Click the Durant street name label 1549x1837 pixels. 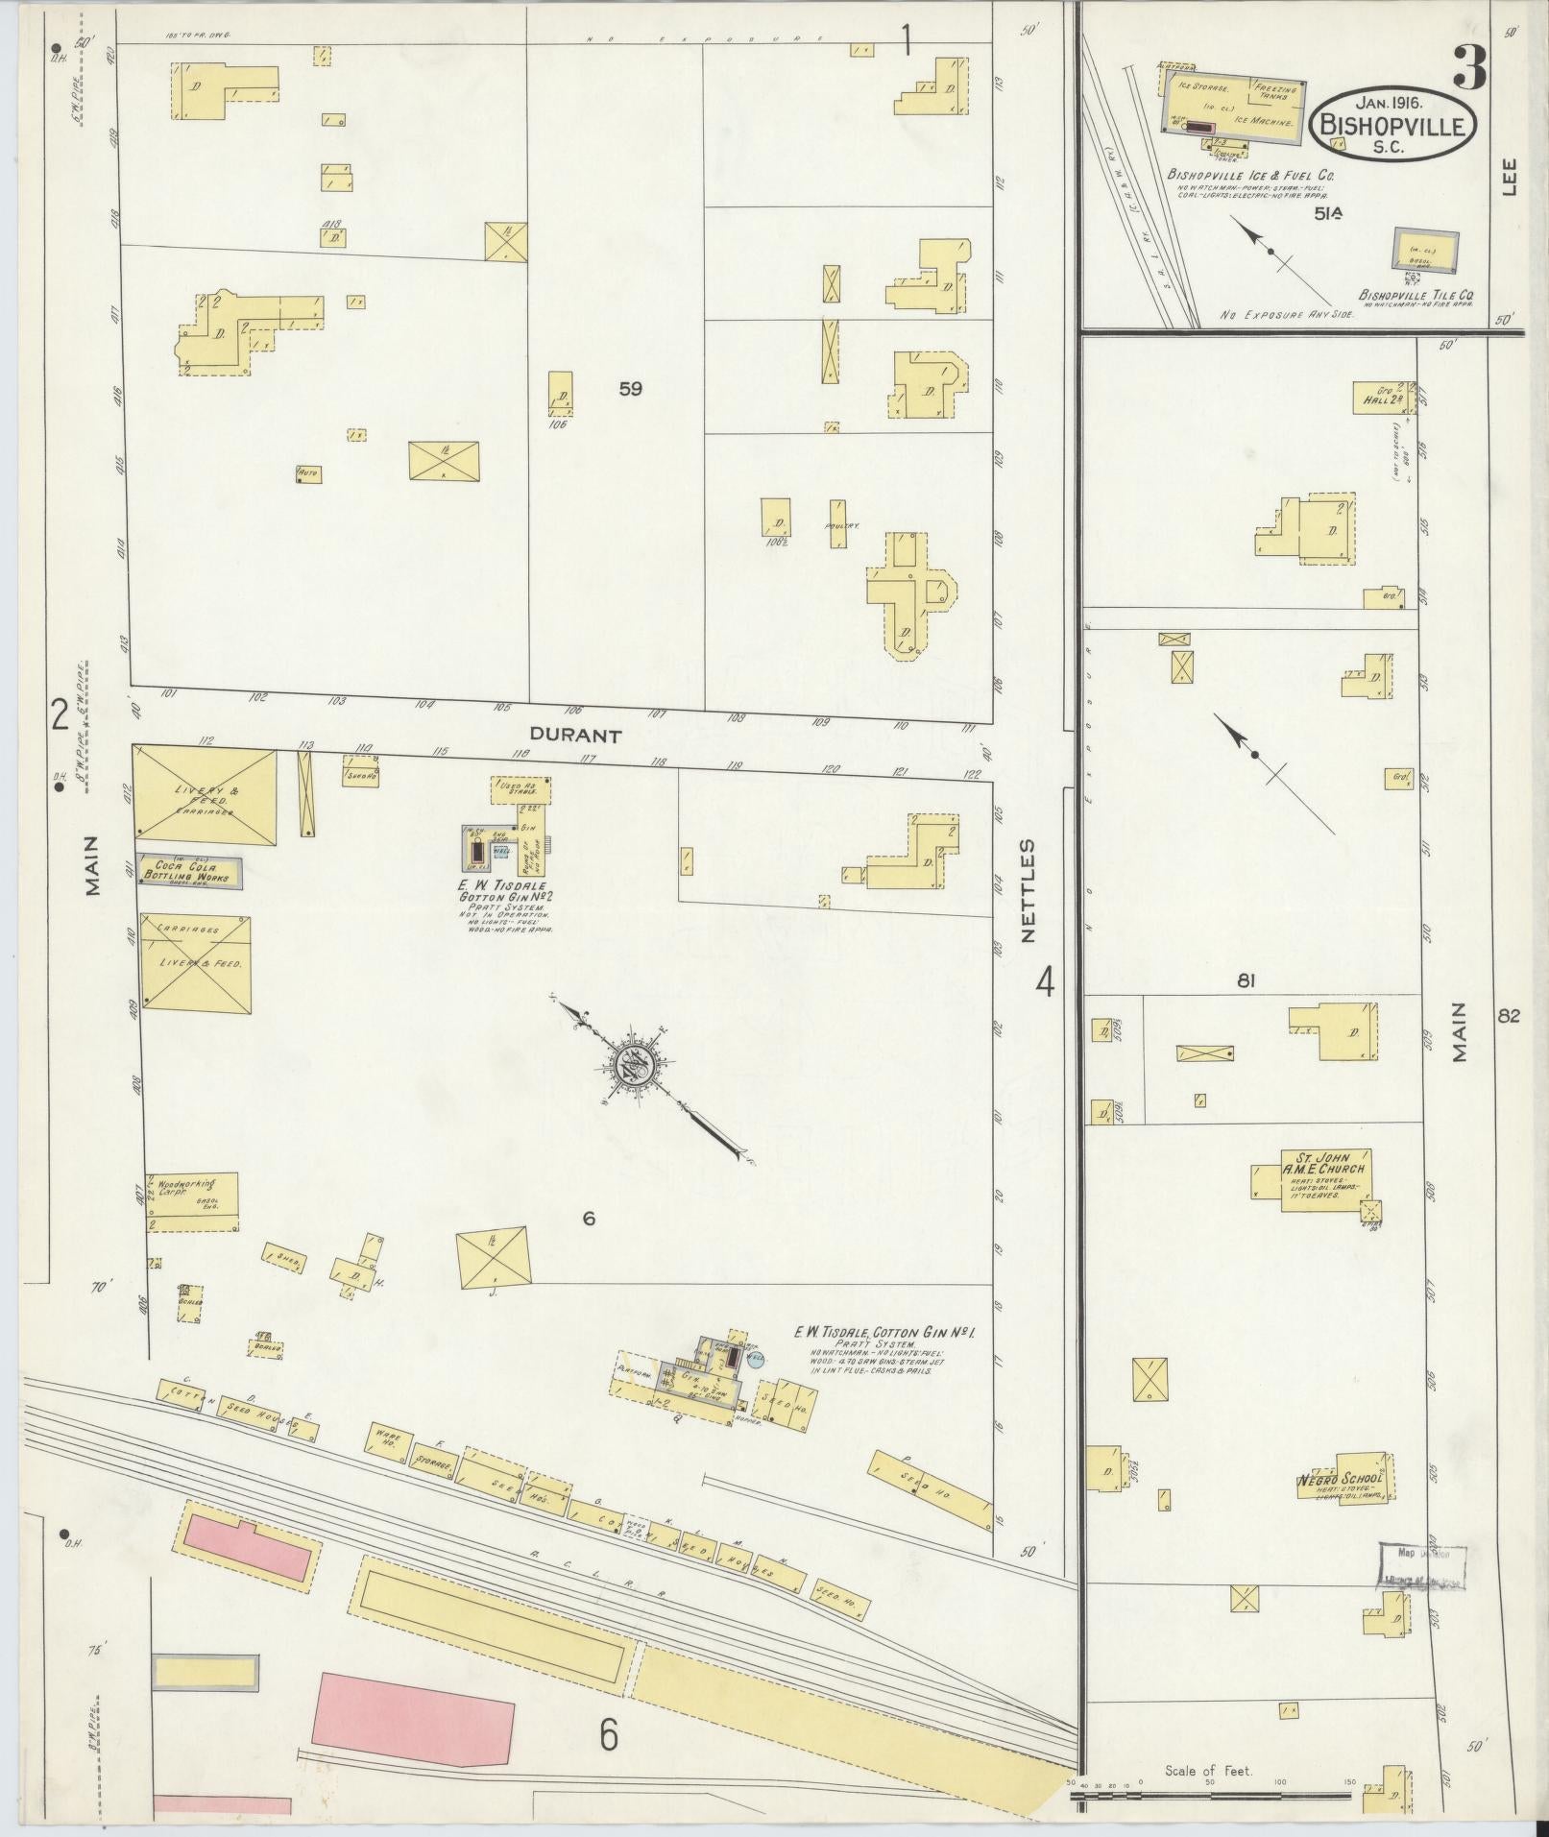click(576, 736)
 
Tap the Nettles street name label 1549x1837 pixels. click(1029, 890)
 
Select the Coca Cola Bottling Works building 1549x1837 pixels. click(188, 871)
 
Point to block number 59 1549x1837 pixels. click(630, 389)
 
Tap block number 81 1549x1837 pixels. click(1246, 980)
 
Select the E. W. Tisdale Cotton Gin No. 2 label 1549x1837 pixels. click(503, 890)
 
